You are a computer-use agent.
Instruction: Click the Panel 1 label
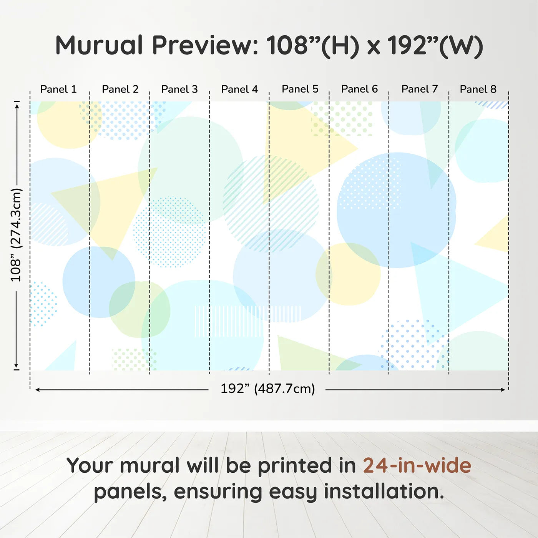[x=58, y=89]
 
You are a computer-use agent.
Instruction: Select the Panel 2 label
[x=120, y=89]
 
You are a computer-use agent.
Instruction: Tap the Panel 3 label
[x=179, y=89]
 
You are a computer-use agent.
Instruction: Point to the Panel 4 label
[x=239, y=89]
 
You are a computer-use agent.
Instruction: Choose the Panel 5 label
[x=300, y=89]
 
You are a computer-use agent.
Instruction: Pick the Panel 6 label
[x=360, y=89]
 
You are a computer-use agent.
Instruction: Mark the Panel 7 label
[x=420, y=89]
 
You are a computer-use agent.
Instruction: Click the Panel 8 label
[x=478, y=89]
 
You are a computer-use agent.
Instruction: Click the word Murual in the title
[x=99, y=45]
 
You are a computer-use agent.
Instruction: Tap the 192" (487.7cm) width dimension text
[x=267, y=389]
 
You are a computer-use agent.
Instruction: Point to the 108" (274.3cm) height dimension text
[x=16, y=235]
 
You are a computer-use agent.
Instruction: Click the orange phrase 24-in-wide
[x=417, y=465]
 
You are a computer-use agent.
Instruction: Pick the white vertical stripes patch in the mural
[x=247, y=321]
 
